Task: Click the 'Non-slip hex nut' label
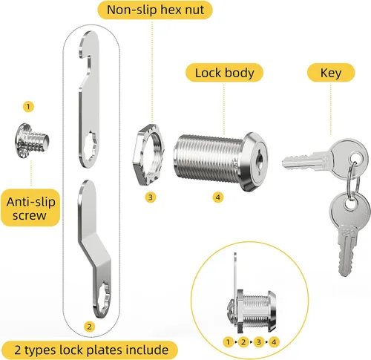click(x=155, y=10)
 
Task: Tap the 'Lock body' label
click(x=224, y=73)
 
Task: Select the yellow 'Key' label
click(x=331, y=73)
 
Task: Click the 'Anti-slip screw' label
click(x=30, y=208)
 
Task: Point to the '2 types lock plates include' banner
click(x=91, y=350)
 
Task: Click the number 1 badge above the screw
click(x=28, y=107)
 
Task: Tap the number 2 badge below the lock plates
click(x=89, y=327)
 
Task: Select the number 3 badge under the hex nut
click(x=151, y=197)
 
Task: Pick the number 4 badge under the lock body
click(x=218, y=197)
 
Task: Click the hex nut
click(x=148, y=154)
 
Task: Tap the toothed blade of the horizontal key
click(x=302, y=163)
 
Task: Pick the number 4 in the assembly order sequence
click(x=274, y=342)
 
